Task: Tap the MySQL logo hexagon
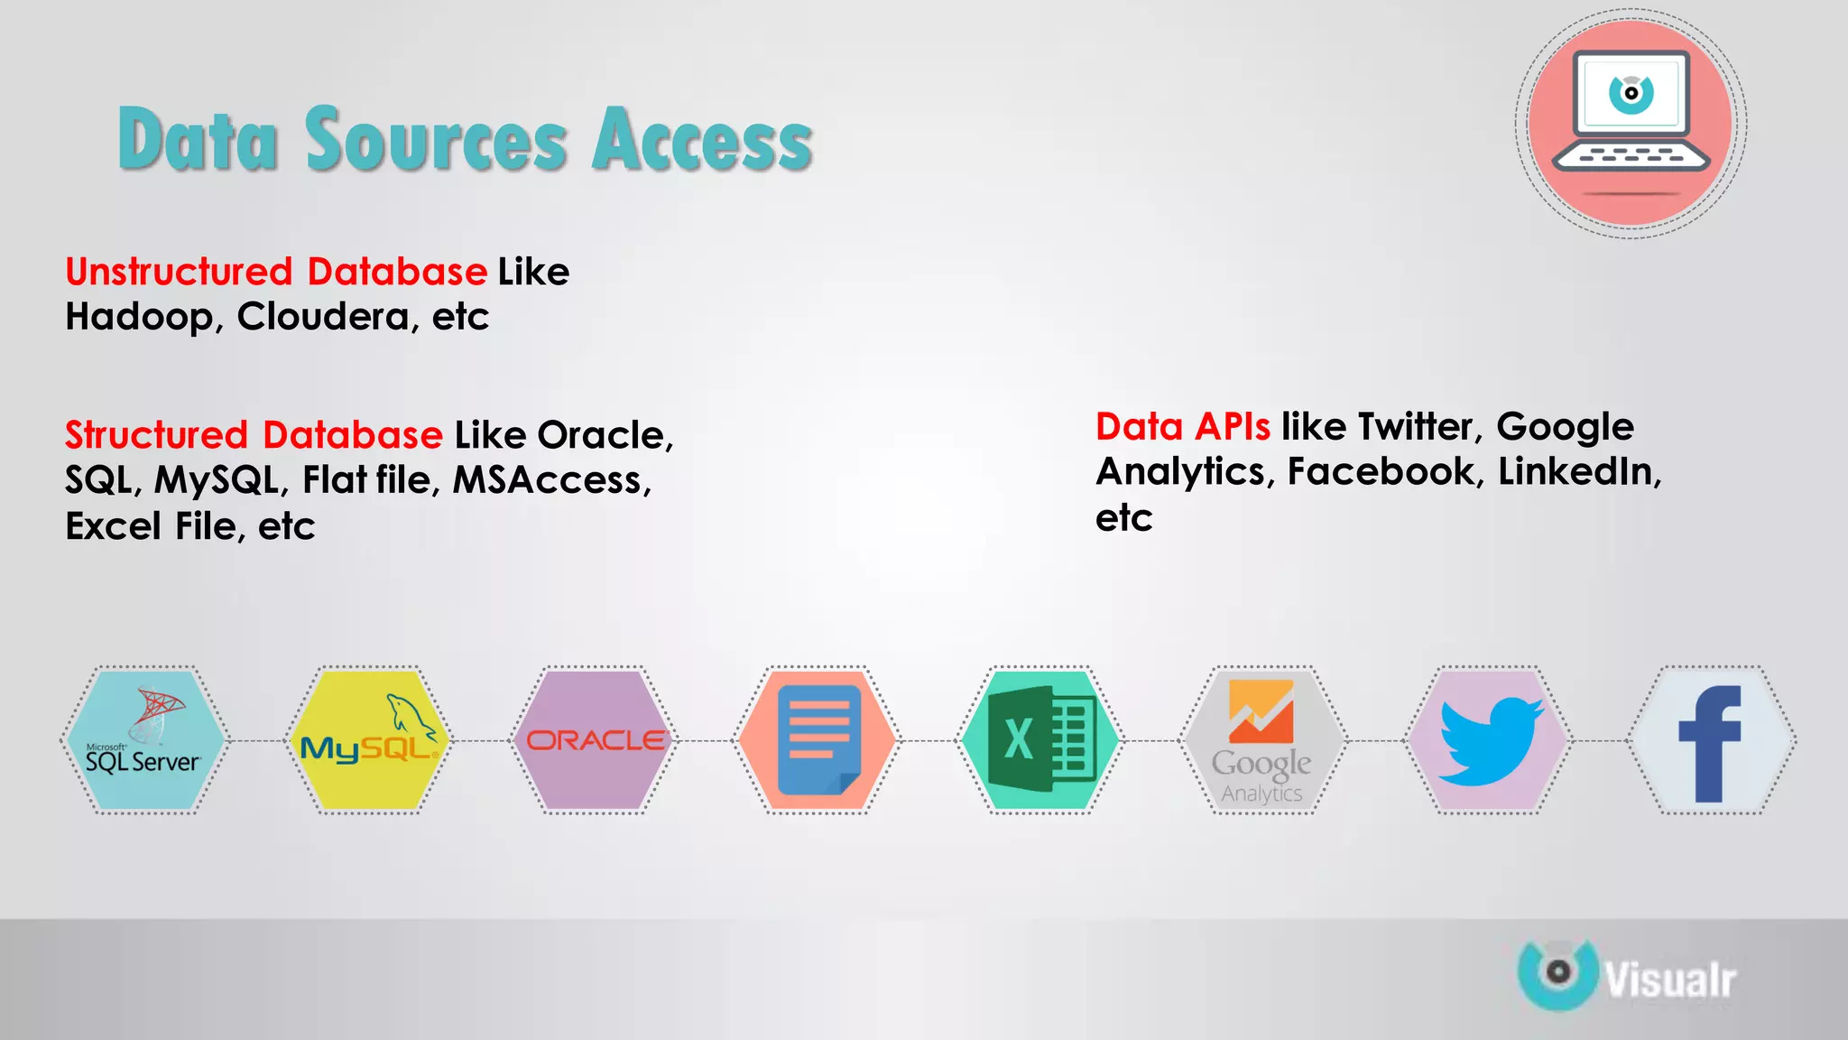(368, 740)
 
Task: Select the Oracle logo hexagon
(595, 740)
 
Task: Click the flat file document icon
(818, 740)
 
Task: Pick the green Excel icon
(1040, 740)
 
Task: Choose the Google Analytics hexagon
(1262, 740)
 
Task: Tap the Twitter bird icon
(1489, 740)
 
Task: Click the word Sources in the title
(437, 140)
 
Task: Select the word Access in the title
(703, 140)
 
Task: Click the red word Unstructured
(179, 272)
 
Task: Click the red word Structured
(156, 435)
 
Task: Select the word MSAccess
(550, 480)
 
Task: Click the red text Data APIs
(1182, 427)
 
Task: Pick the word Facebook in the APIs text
(1385, 472)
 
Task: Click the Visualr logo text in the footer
(1669, 980)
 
